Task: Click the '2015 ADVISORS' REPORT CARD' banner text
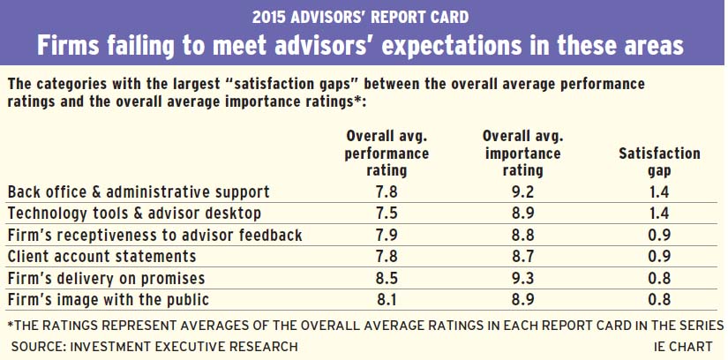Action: click(364, 16)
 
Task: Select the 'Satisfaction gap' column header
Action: click(660, 161)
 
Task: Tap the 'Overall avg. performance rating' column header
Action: click(387, 152)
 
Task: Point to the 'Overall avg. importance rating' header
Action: click(523, 152)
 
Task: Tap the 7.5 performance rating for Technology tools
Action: click(387, 213)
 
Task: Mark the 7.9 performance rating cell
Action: click(387, 235)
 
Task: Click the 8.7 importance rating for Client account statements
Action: click(524, 257)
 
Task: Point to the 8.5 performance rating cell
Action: click(387, 279)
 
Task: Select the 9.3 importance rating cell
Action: click(524, 279)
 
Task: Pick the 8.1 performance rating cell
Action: click(387, 300)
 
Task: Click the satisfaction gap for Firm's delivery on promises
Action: click(660, 279)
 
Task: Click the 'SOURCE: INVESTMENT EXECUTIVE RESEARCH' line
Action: click(153, 347)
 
